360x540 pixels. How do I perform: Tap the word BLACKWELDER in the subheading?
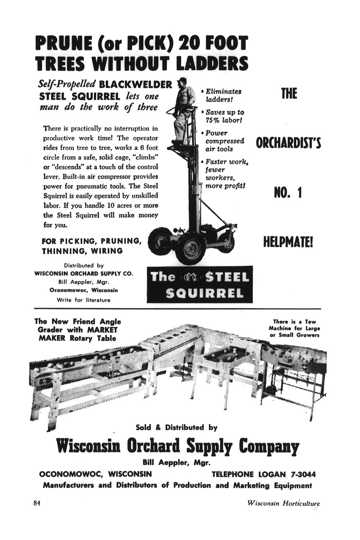tap(135, 85)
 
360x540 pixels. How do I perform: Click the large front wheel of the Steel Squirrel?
tap(191, 248)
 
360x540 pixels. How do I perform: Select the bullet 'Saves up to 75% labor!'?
tap(225, 116)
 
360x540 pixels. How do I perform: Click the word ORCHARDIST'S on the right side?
tap(288, 143)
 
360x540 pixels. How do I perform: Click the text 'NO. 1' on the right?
tap(288, 193)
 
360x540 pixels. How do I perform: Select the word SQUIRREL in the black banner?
tap(200, 293)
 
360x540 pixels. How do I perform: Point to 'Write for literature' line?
tap(84, 300)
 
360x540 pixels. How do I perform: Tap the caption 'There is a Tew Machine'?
tap(294, 328)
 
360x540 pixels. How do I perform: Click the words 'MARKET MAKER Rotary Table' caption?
tap(77, 334)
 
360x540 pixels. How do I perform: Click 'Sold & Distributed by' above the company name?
tap(176, 427)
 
